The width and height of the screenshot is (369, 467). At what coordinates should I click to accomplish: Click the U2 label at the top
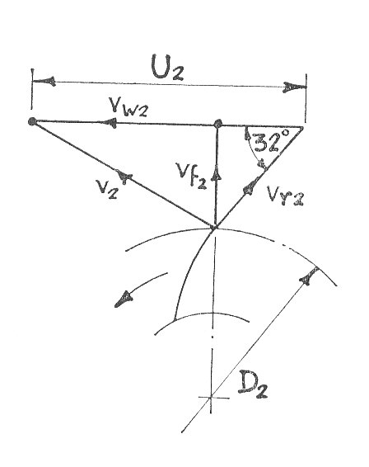[167, 68]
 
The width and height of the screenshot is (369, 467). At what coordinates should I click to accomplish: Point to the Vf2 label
[191, 176]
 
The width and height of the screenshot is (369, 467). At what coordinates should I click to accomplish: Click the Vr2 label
[285, 196]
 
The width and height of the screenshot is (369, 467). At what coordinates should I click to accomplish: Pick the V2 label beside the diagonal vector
[107, 189]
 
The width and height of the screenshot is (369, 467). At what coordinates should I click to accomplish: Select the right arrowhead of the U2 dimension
[294, 87]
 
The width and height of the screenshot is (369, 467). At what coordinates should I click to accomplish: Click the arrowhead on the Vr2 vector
[250, 188]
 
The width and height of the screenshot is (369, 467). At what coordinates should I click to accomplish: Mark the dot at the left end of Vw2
[32, 121]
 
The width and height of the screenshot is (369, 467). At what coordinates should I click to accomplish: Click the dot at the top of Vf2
[218, 123]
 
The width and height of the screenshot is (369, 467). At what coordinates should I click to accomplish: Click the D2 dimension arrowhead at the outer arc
[308, 277]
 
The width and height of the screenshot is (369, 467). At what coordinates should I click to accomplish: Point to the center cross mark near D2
[211, 397]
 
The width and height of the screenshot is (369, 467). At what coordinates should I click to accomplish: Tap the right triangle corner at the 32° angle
[302, 128]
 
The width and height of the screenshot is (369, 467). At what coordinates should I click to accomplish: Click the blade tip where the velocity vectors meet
[213, 227]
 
